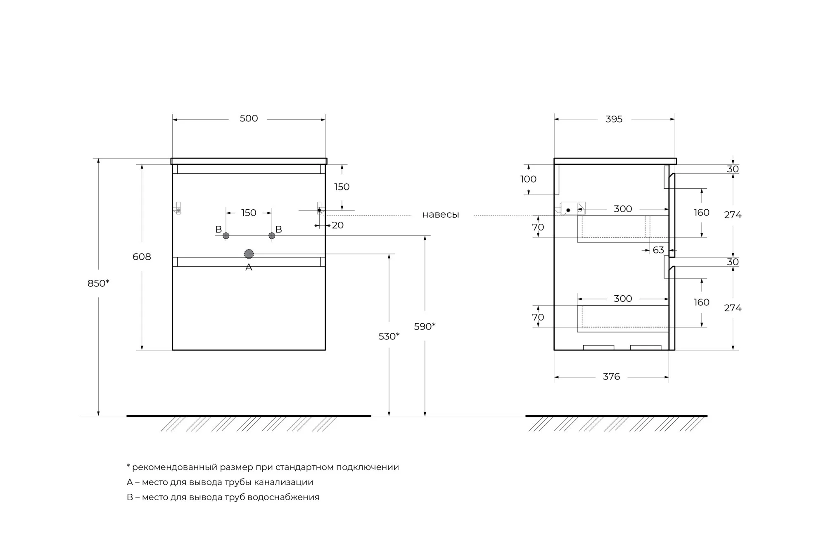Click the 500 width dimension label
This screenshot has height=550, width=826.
(x=249, y=119)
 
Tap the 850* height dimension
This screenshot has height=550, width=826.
(x=98, y=283)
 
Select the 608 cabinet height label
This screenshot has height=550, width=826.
(x=142, y=257)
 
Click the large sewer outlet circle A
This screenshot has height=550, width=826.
(x=249, y=254)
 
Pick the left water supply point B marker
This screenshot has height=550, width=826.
(x=226, y=236)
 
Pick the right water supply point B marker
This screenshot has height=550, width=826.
(x=272, y=235)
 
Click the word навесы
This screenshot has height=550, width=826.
(x=440, y=215)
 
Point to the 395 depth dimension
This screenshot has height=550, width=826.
(x=614, y=119)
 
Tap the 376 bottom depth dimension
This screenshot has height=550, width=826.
(x=611, y=377)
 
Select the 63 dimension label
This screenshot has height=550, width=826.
(x=658, y=250)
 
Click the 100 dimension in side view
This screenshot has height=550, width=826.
(x=528, y=179)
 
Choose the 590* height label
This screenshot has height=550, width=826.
(x=425, y=327)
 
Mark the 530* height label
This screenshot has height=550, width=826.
(x=389, y=337)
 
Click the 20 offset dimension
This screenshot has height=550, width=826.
(x=337, y=225)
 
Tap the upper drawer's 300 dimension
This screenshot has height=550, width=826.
(x=623, y=209)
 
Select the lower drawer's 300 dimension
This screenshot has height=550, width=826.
(x=623, y=299)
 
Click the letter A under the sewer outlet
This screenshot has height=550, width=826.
(x=249, y=268)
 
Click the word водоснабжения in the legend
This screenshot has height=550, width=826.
(x=285, y=497)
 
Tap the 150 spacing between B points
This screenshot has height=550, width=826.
(x=249, y=213)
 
